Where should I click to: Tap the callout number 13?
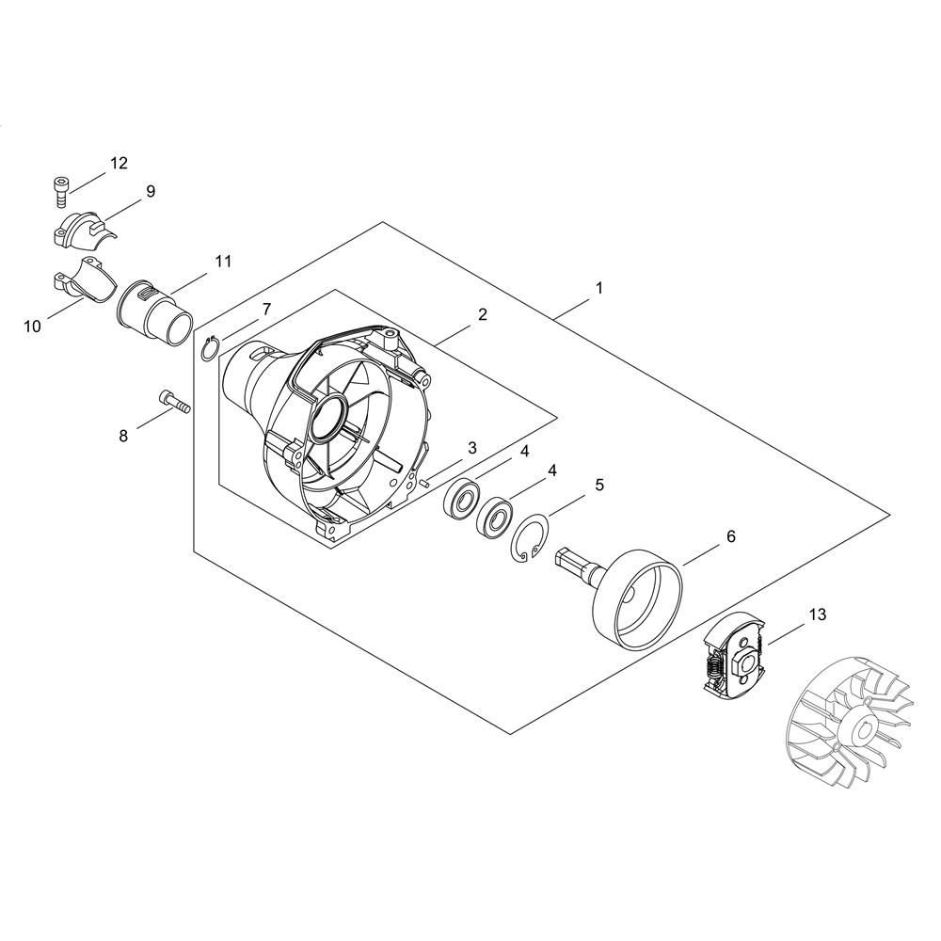818,614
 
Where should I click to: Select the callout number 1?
598,288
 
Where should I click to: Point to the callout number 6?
731,536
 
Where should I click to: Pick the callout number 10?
32,327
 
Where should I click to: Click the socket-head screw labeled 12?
59,191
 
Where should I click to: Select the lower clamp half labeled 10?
83,278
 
